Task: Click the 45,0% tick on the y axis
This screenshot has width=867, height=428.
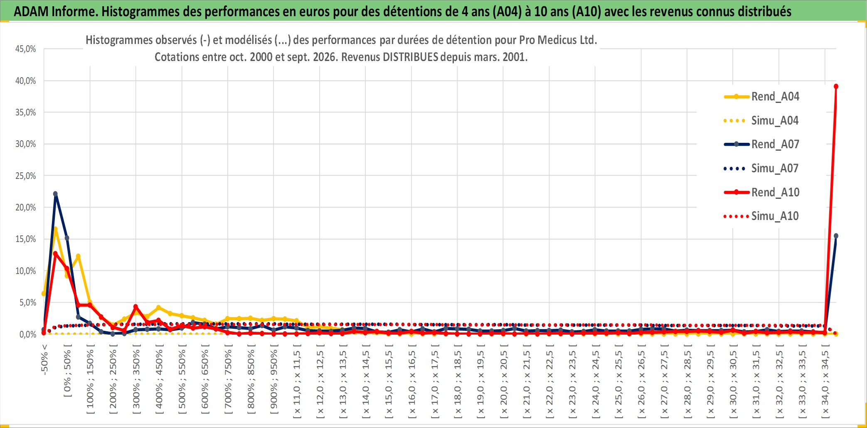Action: [26, 49]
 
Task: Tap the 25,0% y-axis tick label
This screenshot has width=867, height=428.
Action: [26, 176]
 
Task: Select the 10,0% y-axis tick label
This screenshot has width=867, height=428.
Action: [26, 271]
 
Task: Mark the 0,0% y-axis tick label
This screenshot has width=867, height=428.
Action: [28, 335]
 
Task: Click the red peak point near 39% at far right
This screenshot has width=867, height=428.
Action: [836, 86]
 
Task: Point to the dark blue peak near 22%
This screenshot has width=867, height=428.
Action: [55, 194]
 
